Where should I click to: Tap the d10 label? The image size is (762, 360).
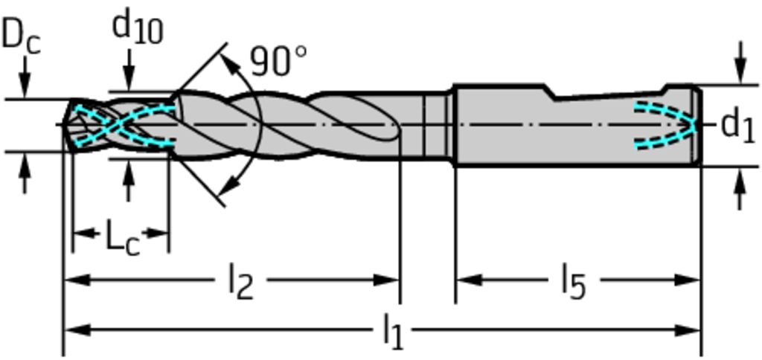[138, 28]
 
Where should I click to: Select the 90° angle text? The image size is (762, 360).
[279, 61]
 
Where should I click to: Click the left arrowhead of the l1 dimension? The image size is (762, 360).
[77, 330]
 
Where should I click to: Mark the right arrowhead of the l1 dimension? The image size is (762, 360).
[687, 330]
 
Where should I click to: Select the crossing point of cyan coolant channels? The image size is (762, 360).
[114, 126]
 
